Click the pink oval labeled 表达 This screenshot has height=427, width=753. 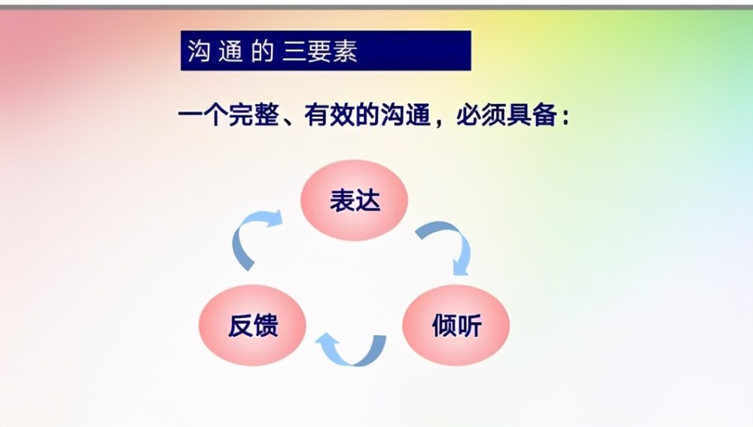point(355,200)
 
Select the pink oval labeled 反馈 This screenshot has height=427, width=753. point(252,325)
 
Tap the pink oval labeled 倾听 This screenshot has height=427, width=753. point(456,325)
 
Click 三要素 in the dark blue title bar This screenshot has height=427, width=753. point(320,51)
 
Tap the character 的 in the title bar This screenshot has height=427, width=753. point(262,51)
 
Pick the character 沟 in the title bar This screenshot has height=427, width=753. point(198,51)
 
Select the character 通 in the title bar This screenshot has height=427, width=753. point(230,51)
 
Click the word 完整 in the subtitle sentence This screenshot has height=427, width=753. point(254,115)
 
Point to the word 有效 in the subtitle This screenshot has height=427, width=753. point(330,115)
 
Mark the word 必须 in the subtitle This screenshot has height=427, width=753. point(481,115)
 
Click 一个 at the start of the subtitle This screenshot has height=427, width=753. point(203,115)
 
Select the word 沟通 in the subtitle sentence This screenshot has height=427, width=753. point(405,115)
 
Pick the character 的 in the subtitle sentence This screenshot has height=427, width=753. point(367,115)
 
